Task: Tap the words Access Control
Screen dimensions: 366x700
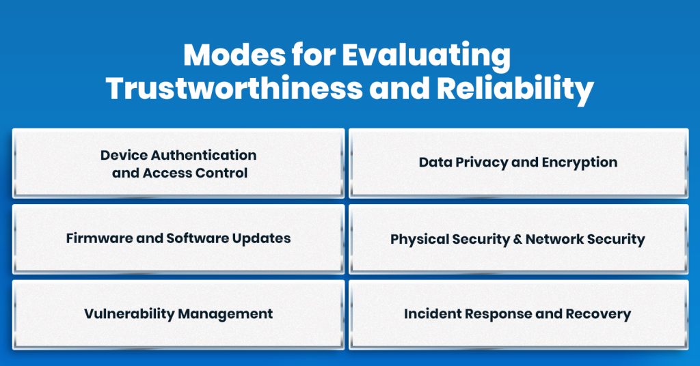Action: [x=195, y=173]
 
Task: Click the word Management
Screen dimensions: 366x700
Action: [x=226, y=314]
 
